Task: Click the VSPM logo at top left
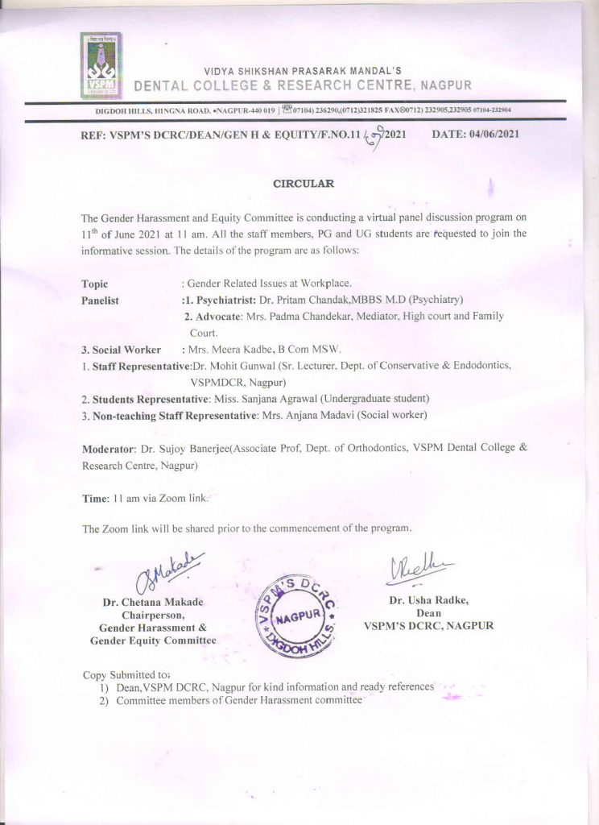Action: [100, 65]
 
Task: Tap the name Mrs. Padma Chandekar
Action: [318, 316]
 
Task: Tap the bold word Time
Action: [94, 499]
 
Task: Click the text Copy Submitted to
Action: [126, 674]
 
